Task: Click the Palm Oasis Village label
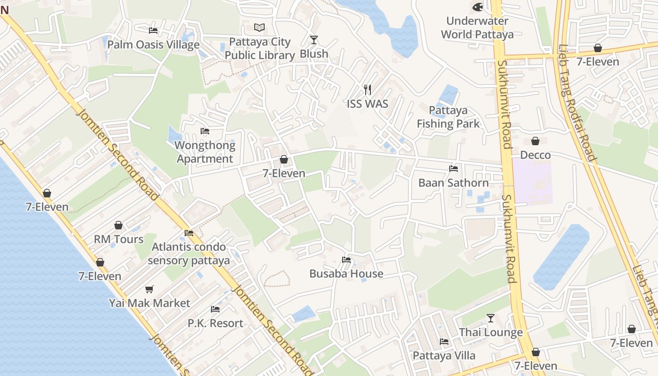[x=153, y=45]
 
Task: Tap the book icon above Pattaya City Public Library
[x=259, y=27]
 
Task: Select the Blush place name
[x=314, y=54]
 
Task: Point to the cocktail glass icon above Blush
[x=314, y=40]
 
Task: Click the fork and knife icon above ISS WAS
[x=368, y=89]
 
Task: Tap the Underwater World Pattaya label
[x=477, y=28]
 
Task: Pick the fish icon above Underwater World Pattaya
[x=478, y=7]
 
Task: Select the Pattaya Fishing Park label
[x=448, y=117]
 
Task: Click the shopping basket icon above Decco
[x=535, y=141]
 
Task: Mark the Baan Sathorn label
[x=454, y=183]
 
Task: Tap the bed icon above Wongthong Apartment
[x=205, y=131]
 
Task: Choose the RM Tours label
[x=118, y=239]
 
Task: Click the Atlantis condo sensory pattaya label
[x=189, y=253]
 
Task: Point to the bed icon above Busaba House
[x=346, y=259]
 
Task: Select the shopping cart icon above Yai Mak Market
[x=149, y=289]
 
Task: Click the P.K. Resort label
[x=215, y=323]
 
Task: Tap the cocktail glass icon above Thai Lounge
[x=491, y=318]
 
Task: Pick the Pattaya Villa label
[x=444, y=356]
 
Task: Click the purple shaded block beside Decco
[x=532, y=181]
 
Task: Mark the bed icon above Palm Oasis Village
[x=153, y=31]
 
